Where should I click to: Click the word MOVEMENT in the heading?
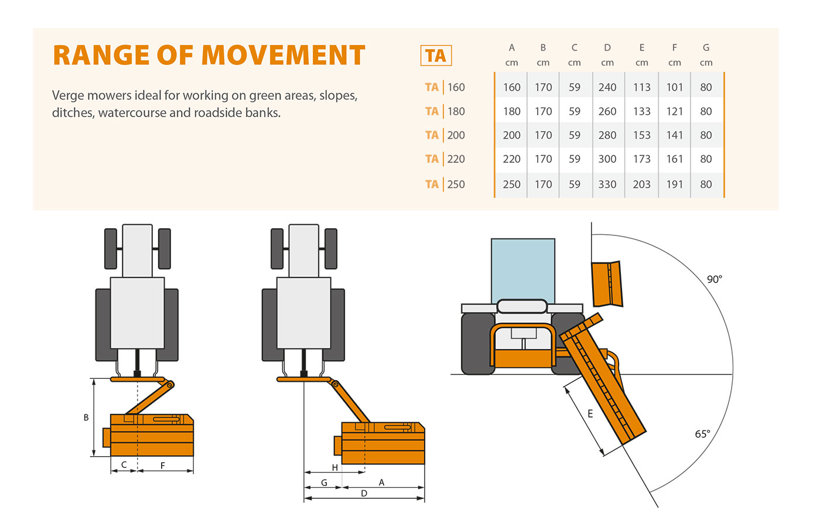(x=283, y=56)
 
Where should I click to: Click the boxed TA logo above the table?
(x=436, y=56)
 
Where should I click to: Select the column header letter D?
(x=607, y=47)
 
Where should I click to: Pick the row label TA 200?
(x=445, y=135)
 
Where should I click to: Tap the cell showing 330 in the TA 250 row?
(x=607, y=184)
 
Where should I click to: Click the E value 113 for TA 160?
(x=641, y=87)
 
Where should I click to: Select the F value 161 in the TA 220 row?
(x=674, y=159)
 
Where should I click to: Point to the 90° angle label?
(x=714, y=279)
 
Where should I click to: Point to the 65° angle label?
(x=702, y=434)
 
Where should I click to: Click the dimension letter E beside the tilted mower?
(x=590, y=414)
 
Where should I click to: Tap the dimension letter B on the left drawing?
(x=86, y=418)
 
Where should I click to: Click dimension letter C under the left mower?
(x=124, y=465)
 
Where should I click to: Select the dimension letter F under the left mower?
(x=162, y=466)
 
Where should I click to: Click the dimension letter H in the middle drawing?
(x=334, y=467)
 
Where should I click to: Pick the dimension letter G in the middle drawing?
(x=324, y=482)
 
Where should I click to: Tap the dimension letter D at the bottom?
(x=364, y=494)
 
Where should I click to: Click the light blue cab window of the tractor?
(x=522, y=269)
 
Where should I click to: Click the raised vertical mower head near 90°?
(x=606, y=284)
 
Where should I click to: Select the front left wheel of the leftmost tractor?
(x=111, y=248)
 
